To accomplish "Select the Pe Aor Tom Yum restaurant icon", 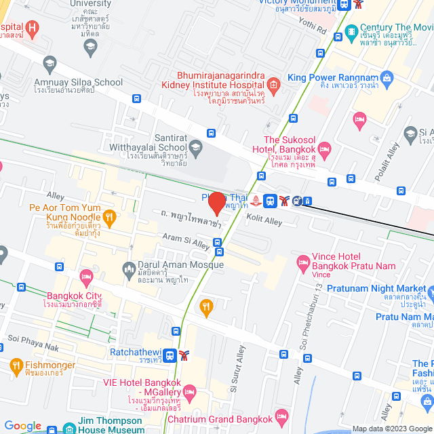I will tap(111, 217).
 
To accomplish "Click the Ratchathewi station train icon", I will tap(170, 354).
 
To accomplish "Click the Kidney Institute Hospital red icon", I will tap(273, 85).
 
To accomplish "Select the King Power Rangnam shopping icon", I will tap(386, 78).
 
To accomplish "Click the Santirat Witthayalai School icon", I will tap(195, 146).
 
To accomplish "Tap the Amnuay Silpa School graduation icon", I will tap(49, 66).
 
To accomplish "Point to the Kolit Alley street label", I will tap(264, 221).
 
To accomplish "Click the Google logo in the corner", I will tap(23, 425).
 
